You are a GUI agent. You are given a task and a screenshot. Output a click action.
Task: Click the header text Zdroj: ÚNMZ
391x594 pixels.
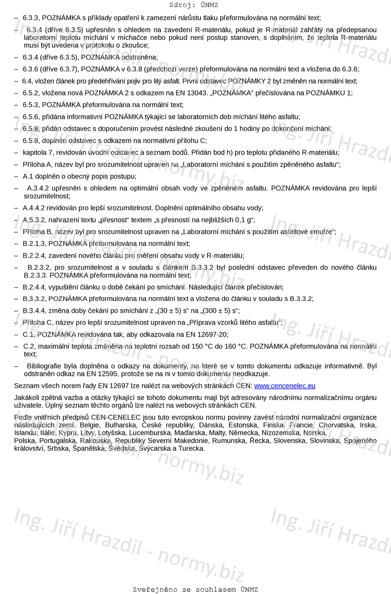(x=193, y=5)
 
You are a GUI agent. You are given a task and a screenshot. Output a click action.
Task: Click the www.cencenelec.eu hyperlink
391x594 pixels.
(x=284, y=386)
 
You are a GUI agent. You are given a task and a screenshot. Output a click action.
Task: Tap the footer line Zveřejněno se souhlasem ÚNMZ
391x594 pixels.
(x=195, y=589)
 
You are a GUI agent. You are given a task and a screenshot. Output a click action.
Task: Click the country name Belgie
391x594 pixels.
(x=89, y=425)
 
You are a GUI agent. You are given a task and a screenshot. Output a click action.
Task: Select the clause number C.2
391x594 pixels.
(x=29, y=346)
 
